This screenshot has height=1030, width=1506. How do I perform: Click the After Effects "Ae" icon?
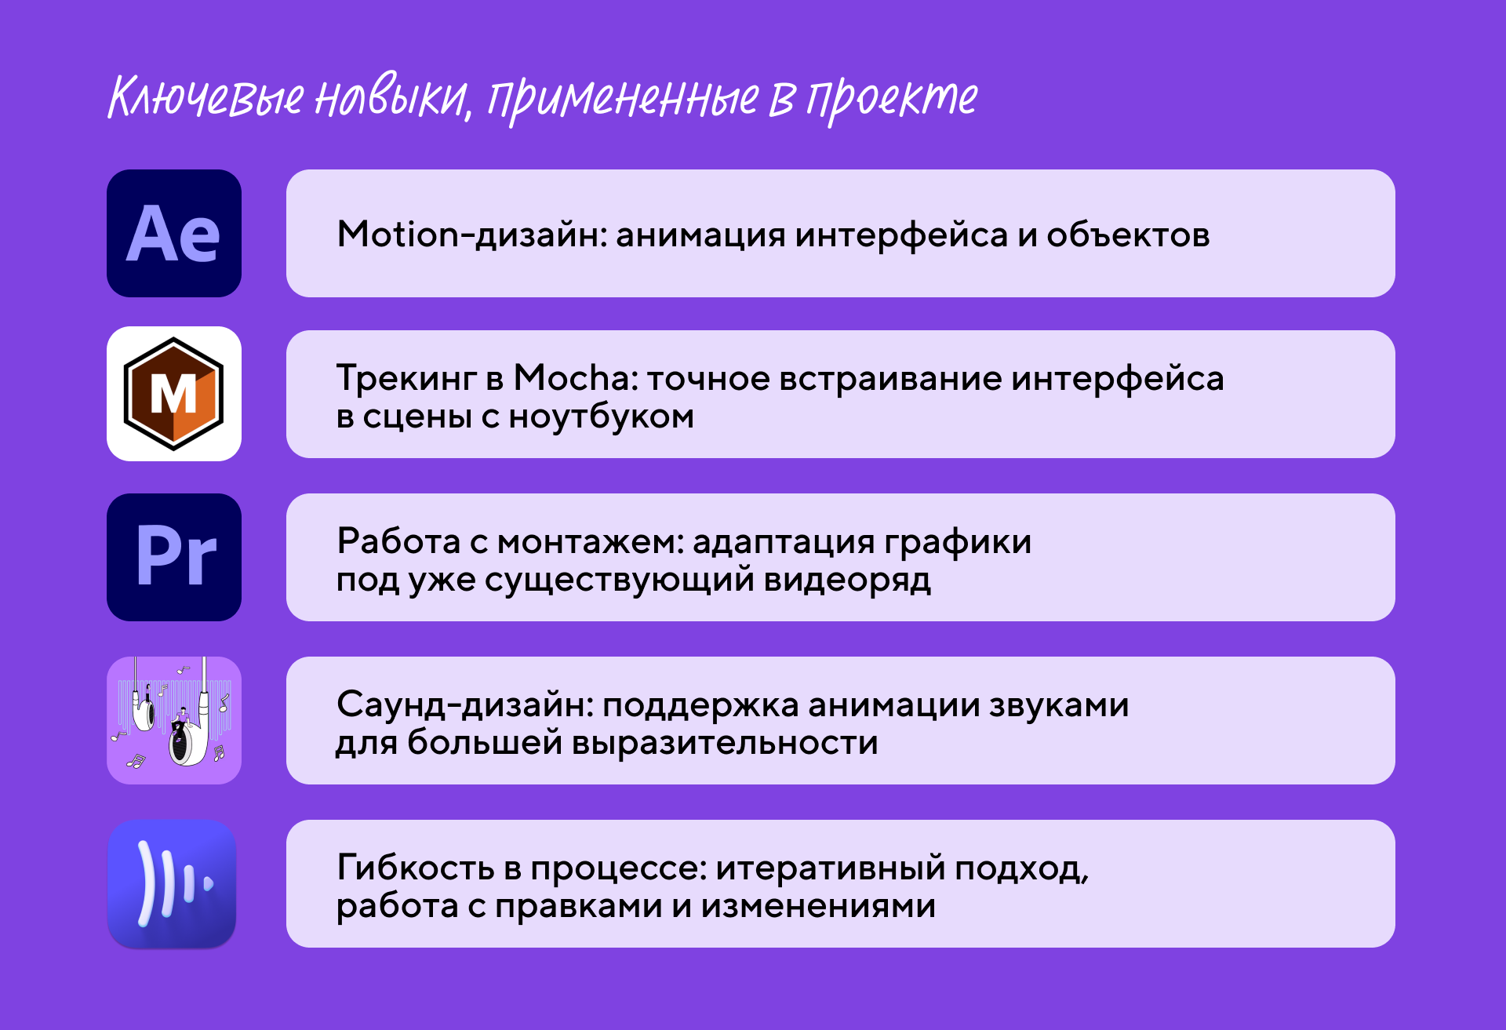click(x=174, y=233)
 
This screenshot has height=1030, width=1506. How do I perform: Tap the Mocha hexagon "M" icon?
click(x=174, y=394)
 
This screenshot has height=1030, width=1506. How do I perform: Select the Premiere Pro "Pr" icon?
click(x=174, y=557)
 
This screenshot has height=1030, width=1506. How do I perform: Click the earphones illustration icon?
click(x=174, y=720)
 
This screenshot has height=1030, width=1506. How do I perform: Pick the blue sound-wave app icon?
click(x=173, y=884)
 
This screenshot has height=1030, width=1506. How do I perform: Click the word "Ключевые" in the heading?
click(x=206, y=98)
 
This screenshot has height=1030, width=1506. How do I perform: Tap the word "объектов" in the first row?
click(x=1128, y=234)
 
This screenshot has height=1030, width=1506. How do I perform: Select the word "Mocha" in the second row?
click(x=580, y=378)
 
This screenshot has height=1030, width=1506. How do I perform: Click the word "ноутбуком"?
click(x=601, y=417)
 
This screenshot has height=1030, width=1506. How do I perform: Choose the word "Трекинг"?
click(x=406, y=378)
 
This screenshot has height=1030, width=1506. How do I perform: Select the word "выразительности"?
click(x=725, y=742)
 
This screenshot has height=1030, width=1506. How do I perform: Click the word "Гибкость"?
click(x=416, y=868)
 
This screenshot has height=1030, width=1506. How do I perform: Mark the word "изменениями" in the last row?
click(x=818, y=906)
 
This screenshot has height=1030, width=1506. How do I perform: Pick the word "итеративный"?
click(x=831, y=868)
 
